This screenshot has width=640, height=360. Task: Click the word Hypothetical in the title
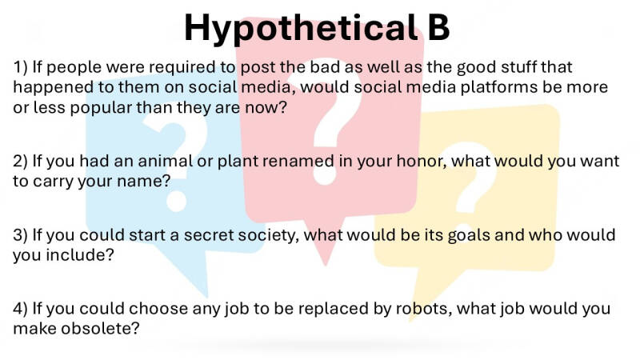click(301, 29)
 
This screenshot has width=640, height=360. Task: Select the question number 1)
click(21, 67)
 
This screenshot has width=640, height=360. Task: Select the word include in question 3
click(79, 255)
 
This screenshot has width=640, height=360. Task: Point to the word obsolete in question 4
click(100, 329)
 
